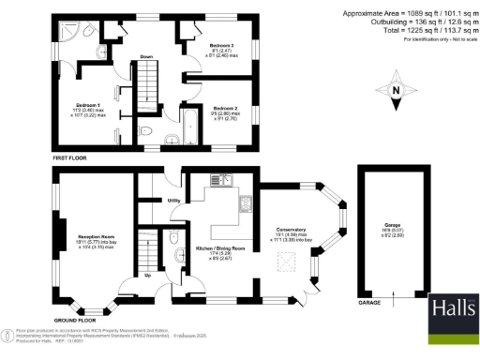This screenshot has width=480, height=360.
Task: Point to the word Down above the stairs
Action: point(146,57)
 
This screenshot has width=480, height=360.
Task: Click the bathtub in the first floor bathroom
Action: point(186,122)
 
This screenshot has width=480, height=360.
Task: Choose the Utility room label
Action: point(173,201)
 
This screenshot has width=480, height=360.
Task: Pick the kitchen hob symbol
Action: point(247,202)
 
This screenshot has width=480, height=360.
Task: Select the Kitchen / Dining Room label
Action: point(219,247)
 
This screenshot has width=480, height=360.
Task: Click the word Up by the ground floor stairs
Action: point(148,276)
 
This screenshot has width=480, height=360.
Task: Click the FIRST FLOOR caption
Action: point(70,157)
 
